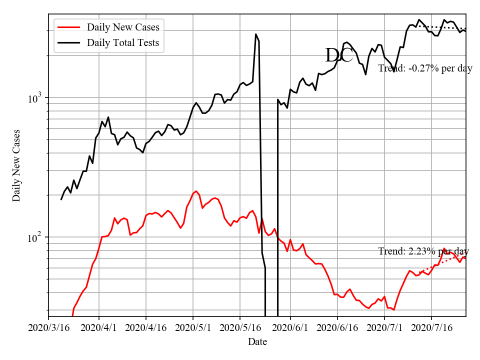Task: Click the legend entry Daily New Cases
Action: pos(123,27)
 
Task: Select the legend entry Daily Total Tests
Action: pos(123,42)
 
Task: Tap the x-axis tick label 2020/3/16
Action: pos(48,328)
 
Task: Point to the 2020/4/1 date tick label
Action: pos(99,328)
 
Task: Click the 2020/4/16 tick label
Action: pos(146,328)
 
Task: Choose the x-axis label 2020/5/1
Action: pos(193,328)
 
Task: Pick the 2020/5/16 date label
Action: pos(240,328)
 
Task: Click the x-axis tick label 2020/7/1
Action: pos(384,328)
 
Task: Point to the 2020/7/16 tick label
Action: pos(431,328)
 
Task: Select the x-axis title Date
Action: pos(257,342)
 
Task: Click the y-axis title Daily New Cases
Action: pos(17,165)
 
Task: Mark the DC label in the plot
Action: pos(339,55)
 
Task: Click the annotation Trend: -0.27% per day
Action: pos(425,68)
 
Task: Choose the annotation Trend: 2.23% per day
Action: pos(423,251)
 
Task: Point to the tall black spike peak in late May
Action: pos(256,34)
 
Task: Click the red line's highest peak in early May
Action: pos(196,191)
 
